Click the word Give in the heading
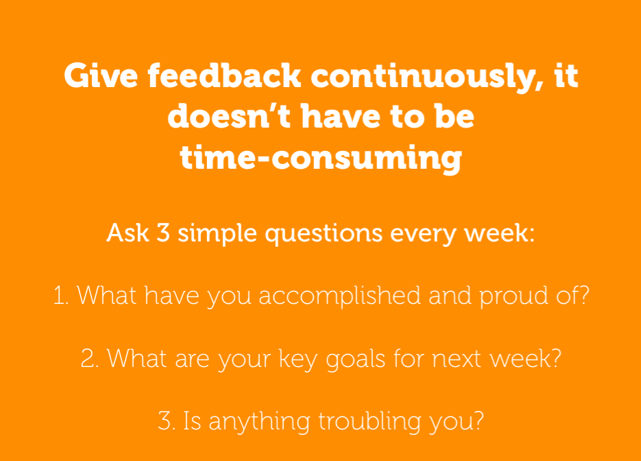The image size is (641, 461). pos(101,75)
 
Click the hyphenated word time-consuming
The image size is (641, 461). pos(321,158)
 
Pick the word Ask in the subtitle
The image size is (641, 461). pos(128,233)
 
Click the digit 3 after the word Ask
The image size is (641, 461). pos(163,233)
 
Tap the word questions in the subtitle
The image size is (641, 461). pos(324,235)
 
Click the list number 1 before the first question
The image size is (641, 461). pos(60,296)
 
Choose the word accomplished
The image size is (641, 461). pos(340,296)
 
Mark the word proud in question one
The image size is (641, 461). pos(513,296)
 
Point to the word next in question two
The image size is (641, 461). pos(456,359)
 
